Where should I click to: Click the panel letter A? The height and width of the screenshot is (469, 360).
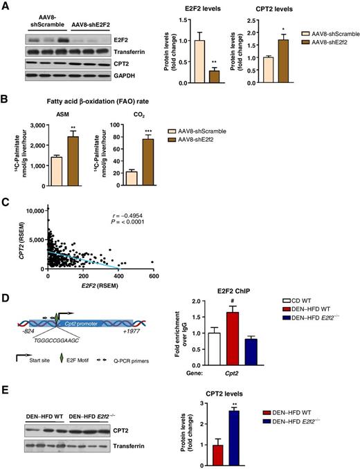coord(6,6)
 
